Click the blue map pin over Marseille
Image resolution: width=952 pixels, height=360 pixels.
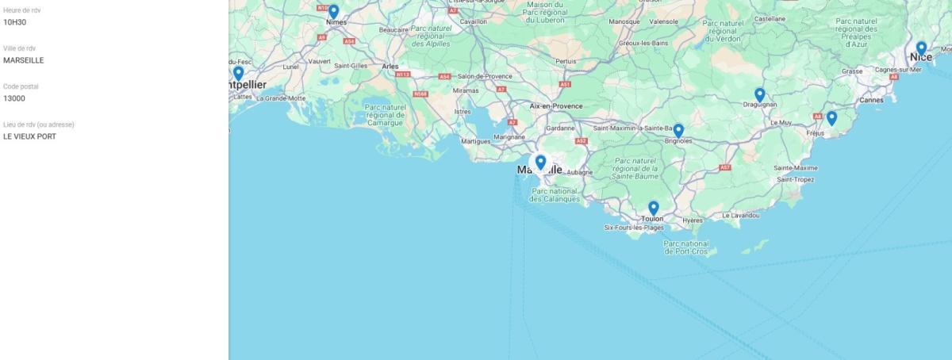point(540,162)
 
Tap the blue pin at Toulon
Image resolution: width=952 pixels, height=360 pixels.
point(653,208)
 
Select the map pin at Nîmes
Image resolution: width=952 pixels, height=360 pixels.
point(333,11)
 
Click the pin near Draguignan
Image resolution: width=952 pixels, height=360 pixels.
point(759,94)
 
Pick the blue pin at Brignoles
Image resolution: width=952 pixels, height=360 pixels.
point(678,130)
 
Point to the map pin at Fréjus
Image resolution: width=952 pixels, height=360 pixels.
point(831,117)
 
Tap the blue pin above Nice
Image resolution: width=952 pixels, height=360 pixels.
point(921,48)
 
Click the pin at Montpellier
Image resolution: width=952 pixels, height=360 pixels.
point(238,73)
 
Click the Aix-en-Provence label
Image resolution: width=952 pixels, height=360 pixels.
point(556,105)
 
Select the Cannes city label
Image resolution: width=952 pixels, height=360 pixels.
point(871,100)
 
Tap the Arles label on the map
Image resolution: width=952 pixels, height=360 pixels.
point(390,67)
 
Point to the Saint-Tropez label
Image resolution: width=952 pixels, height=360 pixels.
point(795,179)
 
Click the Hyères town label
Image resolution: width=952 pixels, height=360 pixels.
point(692,220)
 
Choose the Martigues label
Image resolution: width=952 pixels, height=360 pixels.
point(476,141)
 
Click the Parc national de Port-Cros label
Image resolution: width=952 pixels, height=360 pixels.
point(685,247)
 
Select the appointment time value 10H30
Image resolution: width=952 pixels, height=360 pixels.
point(13,22)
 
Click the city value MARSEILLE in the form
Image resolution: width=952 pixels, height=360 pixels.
point(23,60)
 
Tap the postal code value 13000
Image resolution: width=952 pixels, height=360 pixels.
point(14,98)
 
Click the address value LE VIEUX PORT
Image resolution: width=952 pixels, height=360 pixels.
point(29,136)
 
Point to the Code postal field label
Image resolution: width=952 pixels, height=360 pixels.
point(21,86)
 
